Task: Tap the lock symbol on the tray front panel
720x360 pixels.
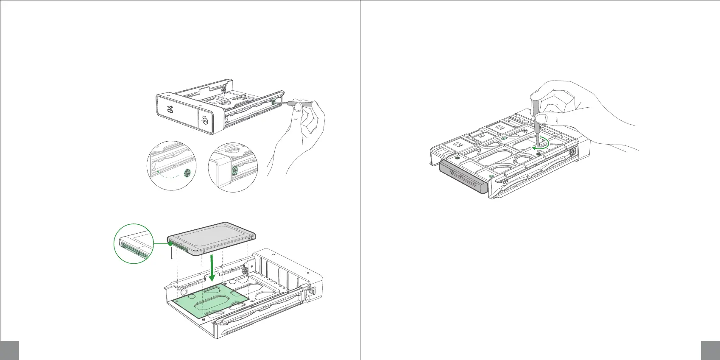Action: pos(205,120)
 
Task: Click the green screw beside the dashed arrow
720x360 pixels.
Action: pos(188,172)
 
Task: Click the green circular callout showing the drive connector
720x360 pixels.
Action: pos(133,243)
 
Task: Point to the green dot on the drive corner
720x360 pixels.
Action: pos(170,244)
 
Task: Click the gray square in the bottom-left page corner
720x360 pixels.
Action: pos(9,350)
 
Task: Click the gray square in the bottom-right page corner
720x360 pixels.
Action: pos(710,350)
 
